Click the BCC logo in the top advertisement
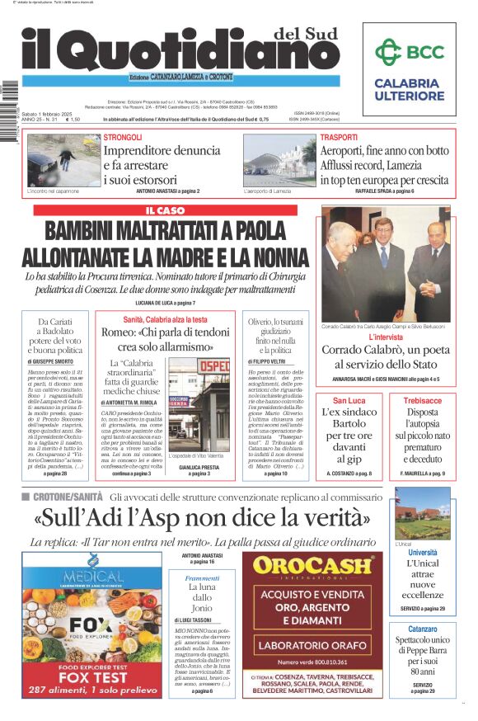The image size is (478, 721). click(x=409, y=52)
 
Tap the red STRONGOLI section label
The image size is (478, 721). click(x=123, y=137)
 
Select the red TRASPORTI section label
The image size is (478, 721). click(x=339, y=137)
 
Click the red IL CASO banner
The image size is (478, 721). click(x=165, y=210)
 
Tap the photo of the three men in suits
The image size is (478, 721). click(x=386, y=264)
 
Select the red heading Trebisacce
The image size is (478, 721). click(x=422, y=400)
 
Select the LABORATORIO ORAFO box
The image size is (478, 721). click(x=312, y=645)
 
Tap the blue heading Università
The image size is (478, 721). click(x=423, y=552)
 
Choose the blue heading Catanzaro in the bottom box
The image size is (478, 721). click(x=423, y=629)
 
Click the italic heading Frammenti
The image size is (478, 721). click(x=202, y=578)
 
